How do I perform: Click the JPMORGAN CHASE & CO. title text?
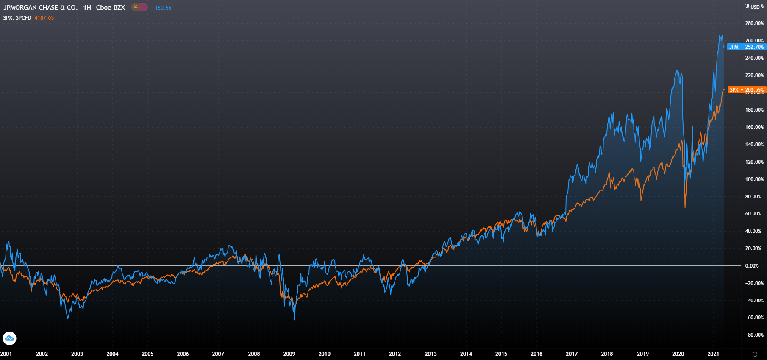tap(40, 8)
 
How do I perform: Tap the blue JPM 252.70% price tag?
tap(747, 47)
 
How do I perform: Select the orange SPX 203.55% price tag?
tap(747, 90)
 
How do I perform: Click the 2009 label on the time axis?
tap(289, 354)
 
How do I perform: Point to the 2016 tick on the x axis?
tap(536, 354)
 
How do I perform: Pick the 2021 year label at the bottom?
tap(713, 354)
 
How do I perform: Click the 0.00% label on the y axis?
tap(752, 266)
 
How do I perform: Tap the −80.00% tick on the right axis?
tap(754, 335)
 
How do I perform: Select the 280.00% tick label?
tap(754, 23)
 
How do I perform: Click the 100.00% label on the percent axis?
tap(754, 179)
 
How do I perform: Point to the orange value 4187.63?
tap(44, 18)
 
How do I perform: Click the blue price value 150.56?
tap(163, 8)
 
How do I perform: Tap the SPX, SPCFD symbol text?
tap(17, 18)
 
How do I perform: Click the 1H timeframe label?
tap(87, 8)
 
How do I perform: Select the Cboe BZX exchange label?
tap(110, 8)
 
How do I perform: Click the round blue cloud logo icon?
tap(9, 338)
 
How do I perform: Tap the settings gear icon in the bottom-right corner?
tap(755, 354)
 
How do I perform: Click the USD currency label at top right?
tap(755, 7)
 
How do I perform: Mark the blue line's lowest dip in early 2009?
tap(295, 319)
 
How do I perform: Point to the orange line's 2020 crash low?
tap(685, 207)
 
